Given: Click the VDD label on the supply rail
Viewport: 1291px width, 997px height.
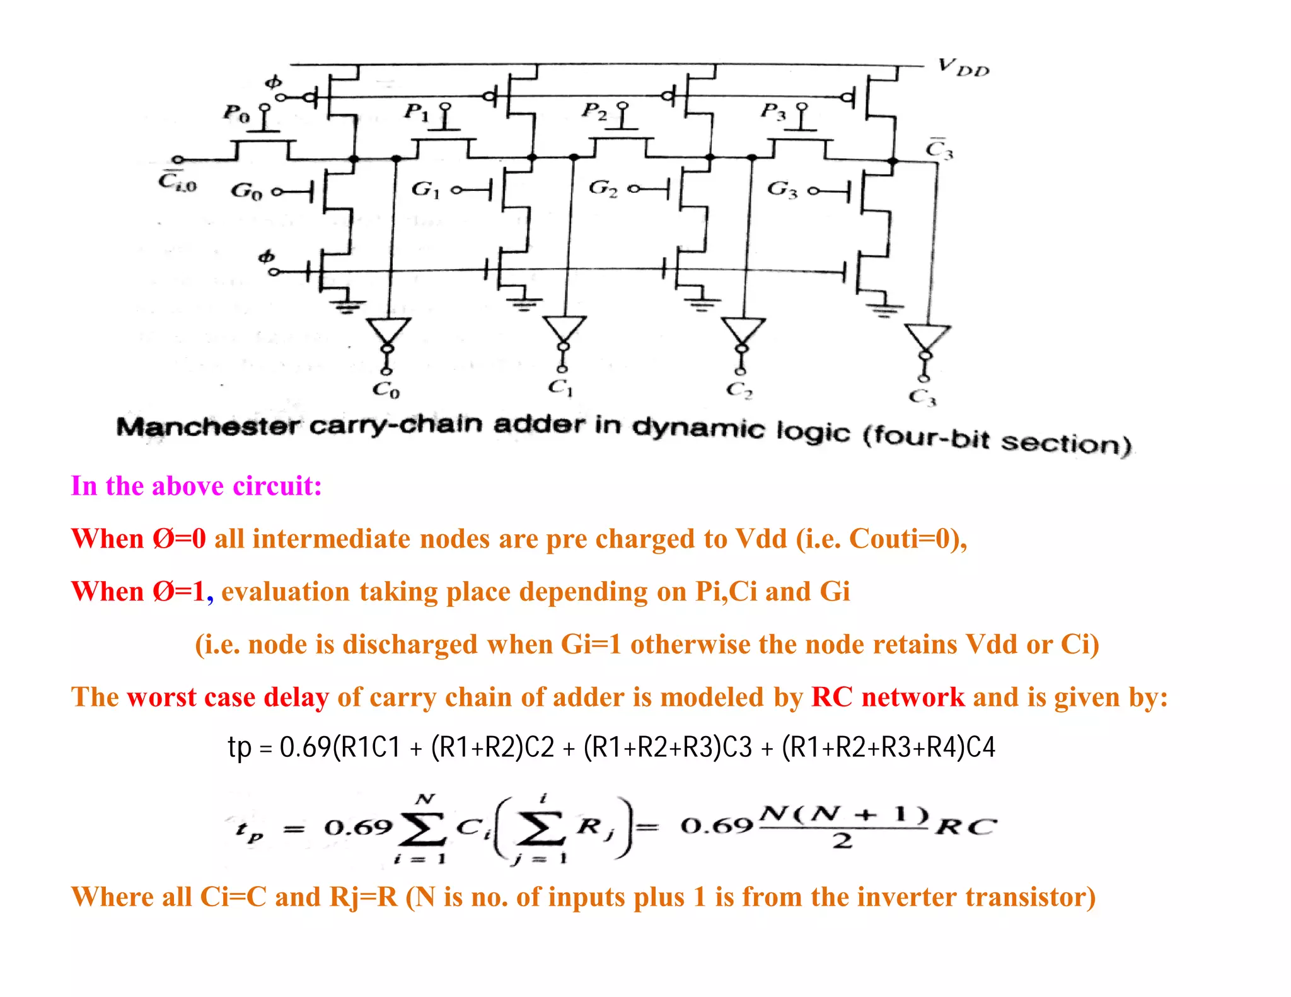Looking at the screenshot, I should pyautogui.click(x=963, y=67).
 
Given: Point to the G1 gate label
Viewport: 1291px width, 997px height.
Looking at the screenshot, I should pyautogui.click(x=425, y=189).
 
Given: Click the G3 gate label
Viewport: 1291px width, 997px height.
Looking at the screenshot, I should pyautogui.click(x=781, y=189).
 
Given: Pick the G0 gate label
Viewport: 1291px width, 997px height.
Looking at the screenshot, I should pyautogui.click(x=245, y=190).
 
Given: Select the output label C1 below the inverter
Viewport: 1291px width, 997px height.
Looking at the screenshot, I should pyautogui.click(x=560, y=388).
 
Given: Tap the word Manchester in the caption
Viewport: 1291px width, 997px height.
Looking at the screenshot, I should pyautogui.click(x=208, y=427).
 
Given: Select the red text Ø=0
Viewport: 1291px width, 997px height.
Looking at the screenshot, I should pyautogui.click(x=179, y=539).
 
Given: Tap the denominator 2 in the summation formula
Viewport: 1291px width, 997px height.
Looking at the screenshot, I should pyautogui.click(x=842, y=841).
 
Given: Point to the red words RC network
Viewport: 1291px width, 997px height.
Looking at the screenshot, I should pyautogui.click(x=888, y=697).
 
